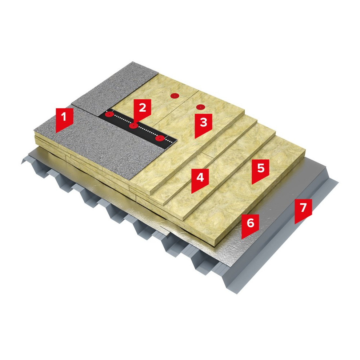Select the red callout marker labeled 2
click(x=142, y=110)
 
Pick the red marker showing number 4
click(x=200, y=179)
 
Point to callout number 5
click(x=260, y=170)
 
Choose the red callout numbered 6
click(x=250, y=225)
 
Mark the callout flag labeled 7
click(x=303, y=209)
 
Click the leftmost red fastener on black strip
click(x=109, y=114)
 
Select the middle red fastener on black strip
click(x=133, y=126)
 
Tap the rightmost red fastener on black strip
click(x=160, y=138)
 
